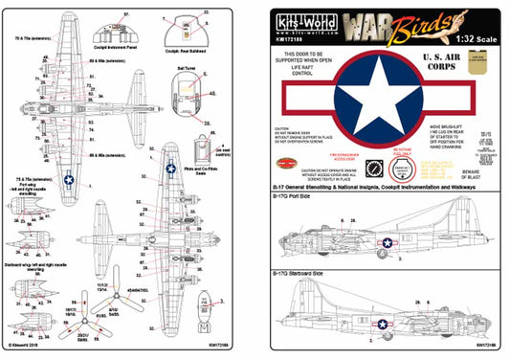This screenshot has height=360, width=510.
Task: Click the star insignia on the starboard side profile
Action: coord(384,326)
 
